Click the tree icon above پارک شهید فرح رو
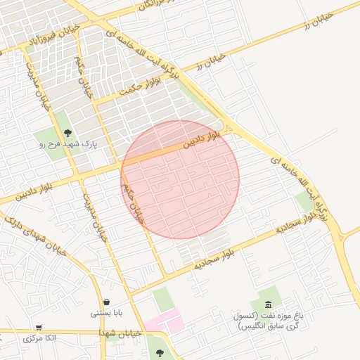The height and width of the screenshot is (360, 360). tap(67, 132)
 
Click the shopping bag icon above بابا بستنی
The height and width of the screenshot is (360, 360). tap(106, 302)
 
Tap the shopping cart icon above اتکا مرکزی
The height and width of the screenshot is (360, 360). tap(39, 327)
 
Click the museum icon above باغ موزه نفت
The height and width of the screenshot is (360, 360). tap(269, 304)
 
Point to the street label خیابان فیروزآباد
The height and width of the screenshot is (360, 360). tap(52, 39)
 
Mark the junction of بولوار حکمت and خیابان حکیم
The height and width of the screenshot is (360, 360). tap(95, 101)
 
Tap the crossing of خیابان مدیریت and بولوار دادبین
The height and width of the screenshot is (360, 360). tap(77, 178)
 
